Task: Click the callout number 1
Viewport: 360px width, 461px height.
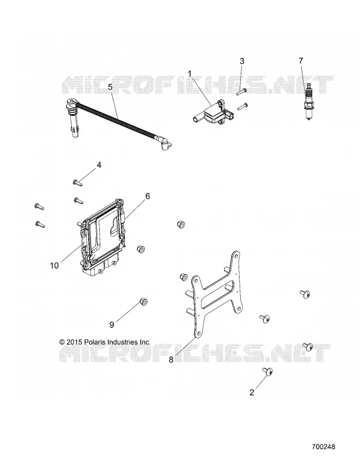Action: [190, 73]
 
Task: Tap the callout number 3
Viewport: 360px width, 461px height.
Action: [242, 61]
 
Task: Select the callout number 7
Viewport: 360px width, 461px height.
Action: [301, 61]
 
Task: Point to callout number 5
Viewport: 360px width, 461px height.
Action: [110, 87]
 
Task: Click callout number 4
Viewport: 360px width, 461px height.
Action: [99, 165]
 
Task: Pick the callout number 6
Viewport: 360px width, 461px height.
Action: [147, 196]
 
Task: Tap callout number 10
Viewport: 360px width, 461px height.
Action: [54, 266]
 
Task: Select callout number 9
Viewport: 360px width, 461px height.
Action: [112, 324]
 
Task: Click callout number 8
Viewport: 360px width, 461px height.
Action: [171, 360]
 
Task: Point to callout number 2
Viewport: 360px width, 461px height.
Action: [252, 392]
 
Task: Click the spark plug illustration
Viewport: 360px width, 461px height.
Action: [308, 102]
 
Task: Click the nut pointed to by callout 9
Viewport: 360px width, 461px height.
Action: [143, 302]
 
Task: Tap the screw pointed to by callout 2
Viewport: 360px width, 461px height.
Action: [268, 371]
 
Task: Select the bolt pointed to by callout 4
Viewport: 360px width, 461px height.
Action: [77, 183]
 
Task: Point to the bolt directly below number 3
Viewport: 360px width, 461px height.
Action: [242, 106]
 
